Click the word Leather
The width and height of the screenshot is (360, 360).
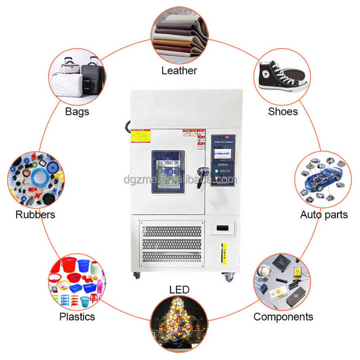(179, 70)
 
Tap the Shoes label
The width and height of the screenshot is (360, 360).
(282, 111)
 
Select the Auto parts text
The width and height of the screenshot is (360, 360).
(323, 215)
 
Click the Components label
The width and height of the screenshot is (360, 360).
(283, 316)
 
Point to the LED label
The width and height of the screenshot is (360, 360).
(179, 290)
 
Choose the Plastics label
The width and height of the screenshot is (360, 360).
(77, 316)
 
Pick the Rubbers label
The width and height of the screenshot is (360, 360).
(35, 215)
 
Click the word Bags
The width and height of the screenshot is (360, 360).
(77, 111)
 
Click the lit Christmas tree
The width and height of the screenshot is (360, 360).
(179, 320)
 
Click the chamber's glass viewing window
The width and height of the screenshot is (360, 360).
(168, 169)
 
